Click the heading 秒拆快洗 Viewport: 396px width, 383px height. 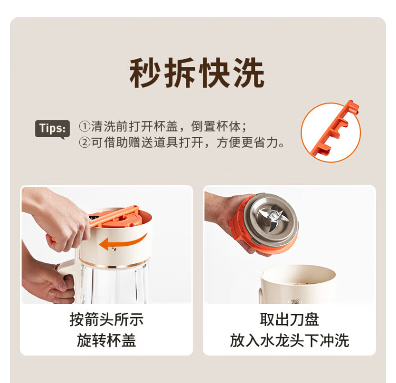(x=197, y=73)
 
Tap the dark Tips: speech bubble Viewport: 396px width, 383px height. (x=52, y=129)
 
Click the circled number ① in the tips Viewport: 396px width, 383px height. (x=84, y=127)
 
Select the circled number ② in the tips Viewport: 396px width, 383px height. (x=84, y=142)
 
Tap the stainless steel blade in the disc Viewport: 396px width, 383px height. (x=273, y=217)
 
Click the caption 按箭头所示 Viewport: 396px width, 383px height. (x=106, y=319)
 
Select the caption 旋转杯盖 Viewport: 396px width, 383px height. (x=106, y=341)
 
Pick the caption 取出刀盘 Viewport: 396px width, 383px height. (x=289, y=319)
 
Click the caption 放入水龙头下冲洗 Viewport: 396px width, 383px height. (x=289, y=341)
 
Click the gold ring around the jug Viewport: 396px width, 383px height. (x=115, y=264)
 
